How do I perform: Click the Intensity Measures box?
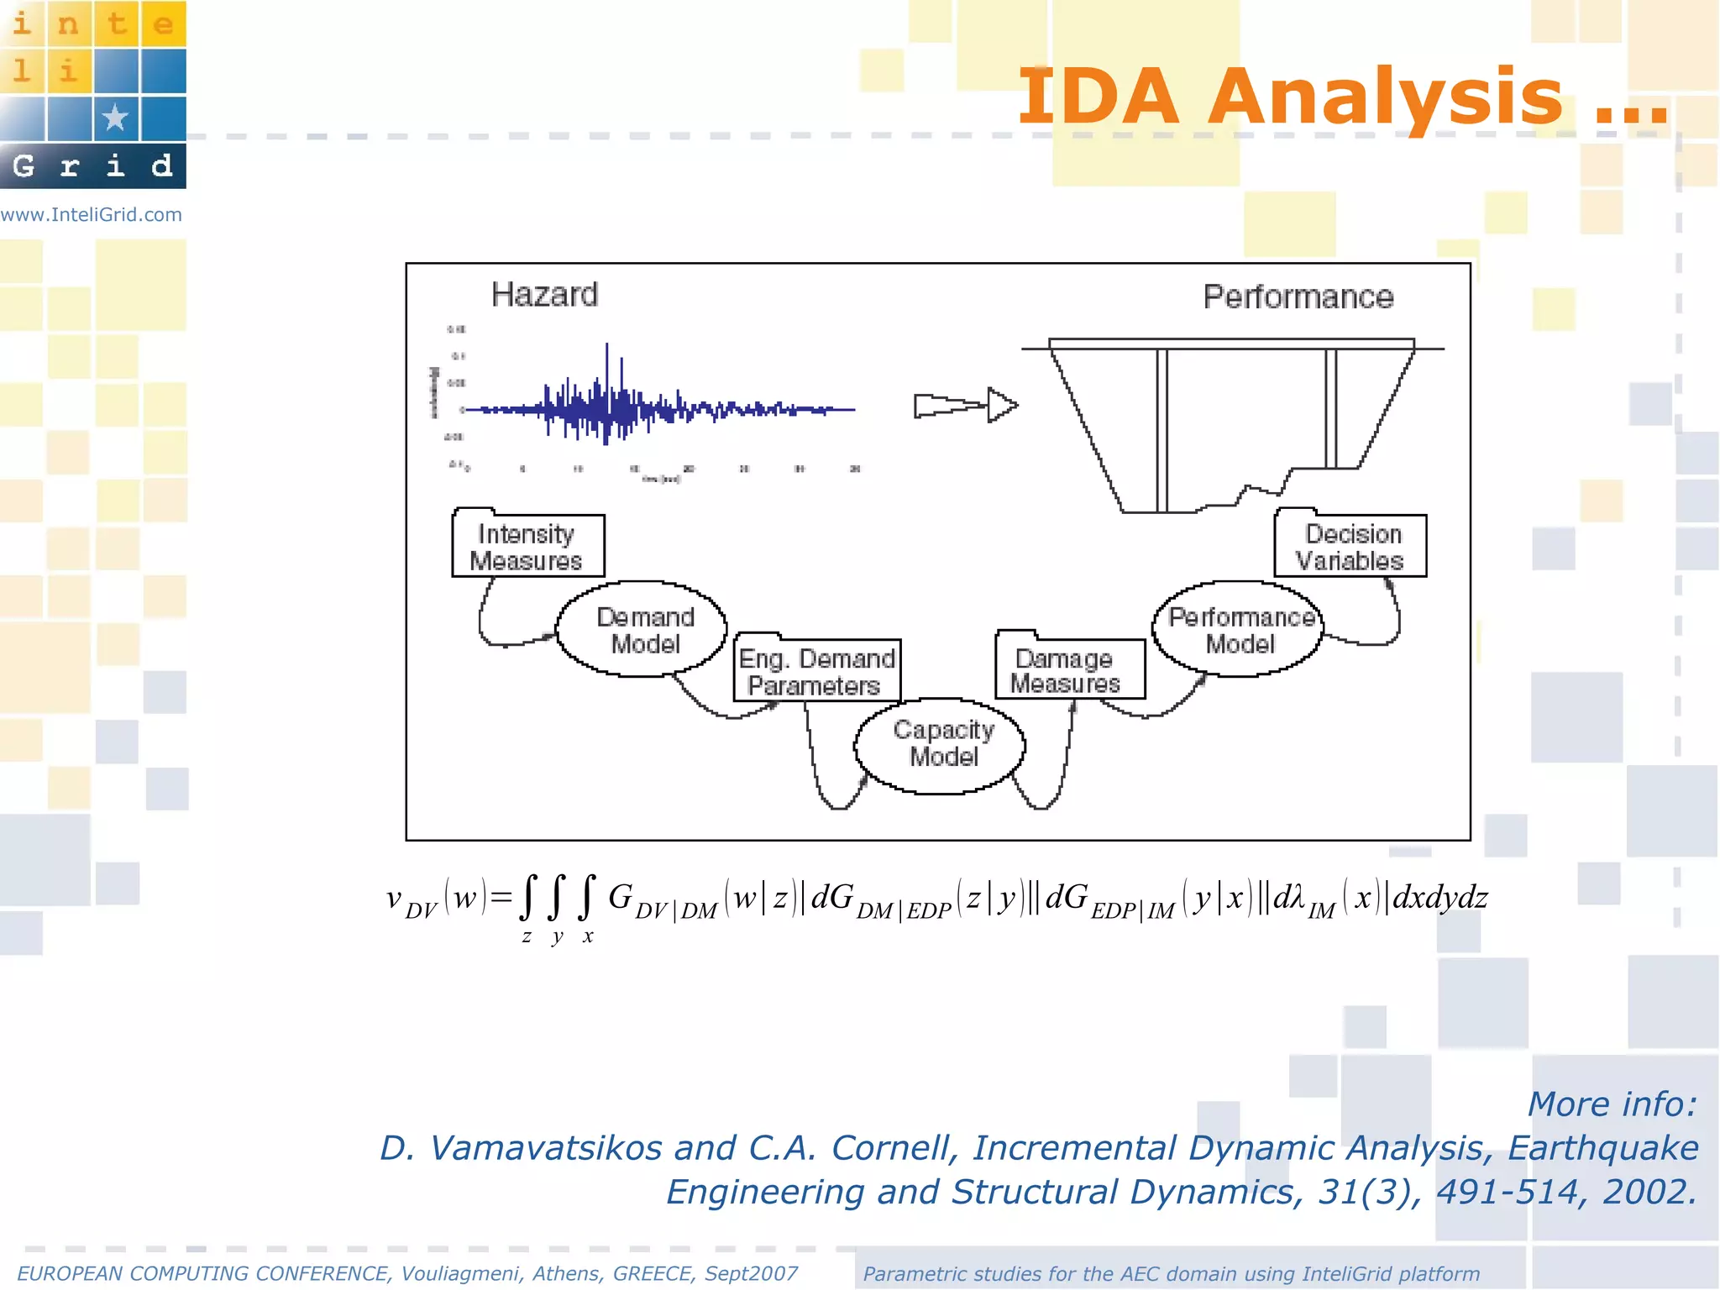[527, 547]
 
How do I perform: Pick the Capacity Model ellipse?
[941, 744]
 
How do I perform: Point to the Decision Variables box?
[1350, 547]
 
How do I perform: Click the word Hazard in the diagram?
[544, 295]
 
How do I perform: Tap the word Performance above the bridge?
[1298, 297]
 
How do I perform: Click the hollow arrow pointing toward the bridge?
[966, 406]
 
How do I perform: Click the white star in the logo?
[115, 117]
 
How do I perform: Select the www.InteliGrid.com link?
[92, 215]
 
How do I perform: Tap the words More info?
[1612, 1104]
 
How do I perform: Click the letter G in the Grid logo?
[24, 166]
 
